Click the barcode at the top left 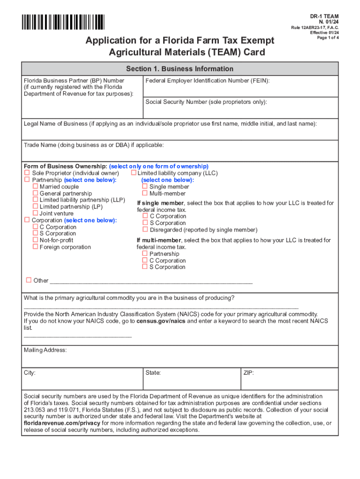[x=63, y=22]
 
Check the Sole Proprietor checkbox [x=27, y=174]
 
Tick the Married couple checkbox [x=35, y=187]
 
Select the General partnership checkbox [x=35, y=194]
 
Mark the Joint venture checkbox [x=35, y=214]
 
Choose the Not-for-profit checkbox [x=35, y=240]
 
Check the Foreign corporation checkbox [x=35, y=247]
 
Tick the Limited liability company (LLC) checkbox [x=133, y=174]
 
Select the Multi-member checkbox [x=145, y=194]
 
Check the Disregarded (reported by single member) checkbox [x=145, y=230]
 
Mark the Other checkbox [x=29, y=280]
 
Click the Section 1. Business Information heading [x=180, y=69]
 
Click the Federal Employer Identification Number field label [x=208, y=81]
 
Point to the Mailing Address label [x=45, y=350]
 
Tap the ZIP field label [x=248, y=373]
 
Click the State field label [x=153, y=373]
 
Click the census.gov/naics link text [x=154, y=321]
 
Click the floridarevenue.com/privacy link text [x=62, y=423]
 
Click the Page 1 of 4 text [x=328, y=38]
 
